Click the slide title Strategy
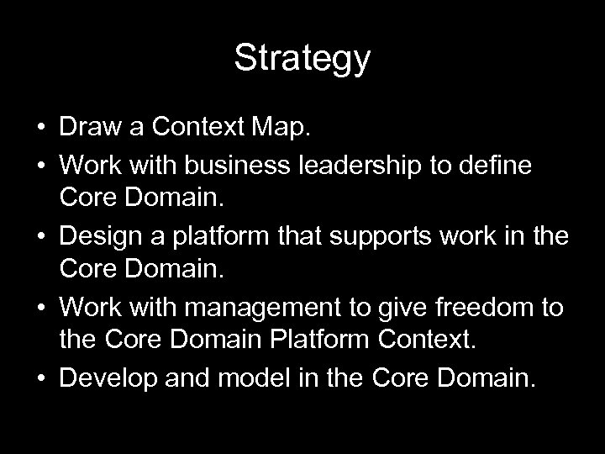302,58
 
